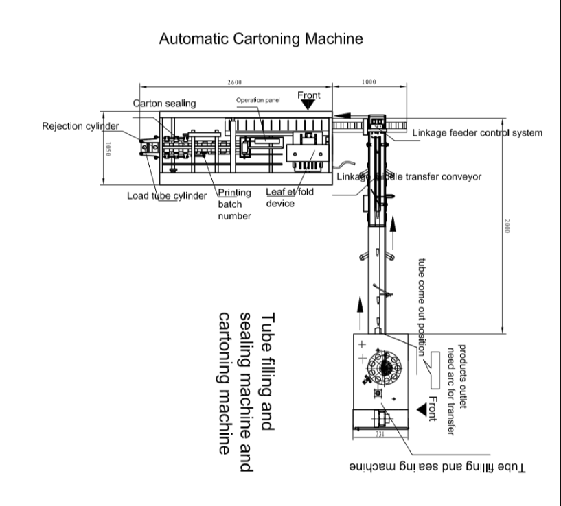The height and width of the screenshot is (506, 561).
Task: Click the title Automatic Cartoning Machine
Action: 260,39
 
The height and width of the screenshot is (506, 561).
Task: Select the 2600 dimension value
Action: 235,82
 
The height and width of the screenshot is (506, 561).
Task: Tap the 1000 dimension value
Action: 368,82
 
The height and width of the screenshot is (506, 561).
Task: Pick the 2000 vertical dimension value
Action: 506,226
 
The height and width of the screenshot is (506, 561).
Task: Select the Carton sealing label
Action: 164,104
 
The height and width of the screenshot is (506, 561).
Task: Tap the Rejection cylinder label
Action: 80,126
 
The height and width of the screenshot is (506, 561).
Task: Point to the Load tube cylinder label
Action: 166,195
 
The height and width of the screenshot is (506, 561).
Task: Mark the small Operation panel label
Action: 258,99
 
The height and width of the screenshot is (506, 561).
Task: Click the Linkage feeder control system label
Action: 481,133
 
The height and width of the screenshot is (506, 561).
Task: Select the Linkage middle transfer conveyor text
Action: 410,177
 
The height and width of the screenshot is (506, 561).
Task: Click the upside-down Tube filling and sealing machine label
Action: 437,467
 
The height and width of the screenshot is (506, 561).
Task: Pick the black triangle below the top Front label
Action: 308,106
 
